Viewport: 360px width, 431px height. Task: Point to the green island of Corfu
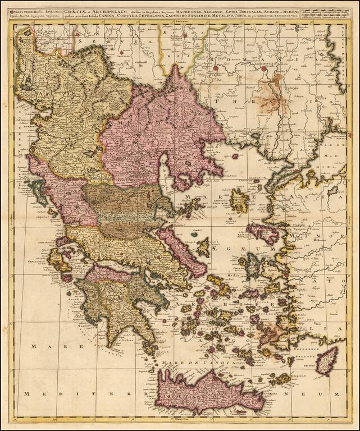click(39, 191)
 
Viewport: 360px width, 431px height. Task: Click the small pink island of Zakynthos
click(67, 277)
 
